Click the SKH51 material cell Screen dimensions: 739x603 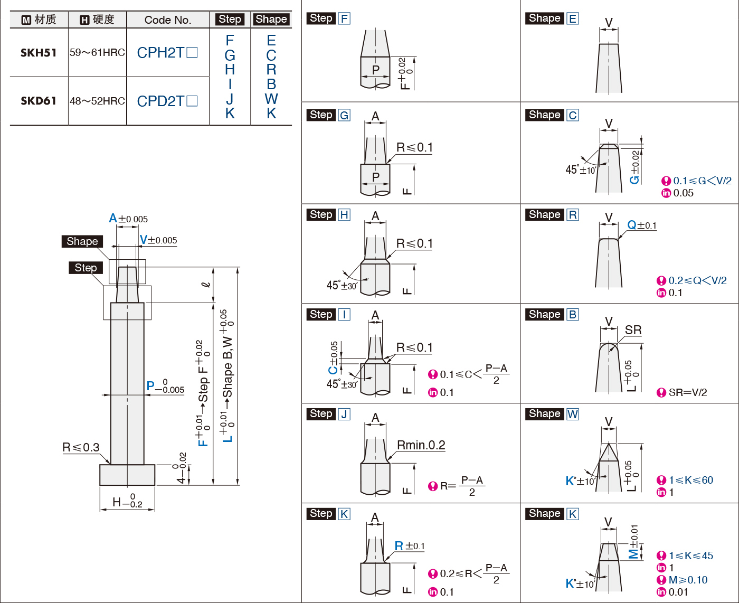pyautogui.click(x=39, y=53)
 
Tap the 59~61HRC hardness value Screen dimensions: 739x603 pyautogui.click(x=97, y=53)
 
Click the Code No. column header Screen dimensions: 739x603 pyautogui.click(x=168, y=20)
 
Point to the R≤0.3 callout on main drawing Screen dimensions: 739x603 pyautogui.click(x=81, y=447)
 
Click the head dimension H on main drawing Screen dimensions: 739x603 pyautogui.click(x=127, y=502)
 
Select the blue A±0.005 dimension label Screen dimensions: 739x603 pyautogui.click(x=128, y=219)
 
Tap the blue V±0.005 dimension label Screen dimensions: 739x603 pyautogui.click(x=158, y=240)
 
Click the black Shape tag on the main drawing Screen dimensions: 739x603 pyautogui.click(x=82, y=241)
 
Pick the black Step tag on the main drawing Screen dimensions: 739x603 pyautogui.click(x=86, y=268)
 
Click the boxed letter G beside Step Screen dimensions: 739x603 pyautogui.click(x=344, y=115)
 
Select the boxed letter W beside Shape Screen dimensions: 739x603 pyautogui.click(x=573, y=414)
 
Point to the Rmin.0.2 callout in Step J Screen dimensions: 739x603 pyautogui.click(x=421, y=445)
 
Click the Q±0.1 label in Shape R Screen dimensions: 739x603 pyautogui.click(x=641, y=225)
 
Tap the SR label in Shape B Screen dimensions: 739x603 pyautogui.click(x=633, y=330)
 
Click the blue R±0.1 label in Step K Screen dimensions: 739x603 pyautogui.click(x=409, y=546)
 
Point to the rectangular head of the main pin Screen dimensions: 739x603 pyautogui.click(x=127, y=475)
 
